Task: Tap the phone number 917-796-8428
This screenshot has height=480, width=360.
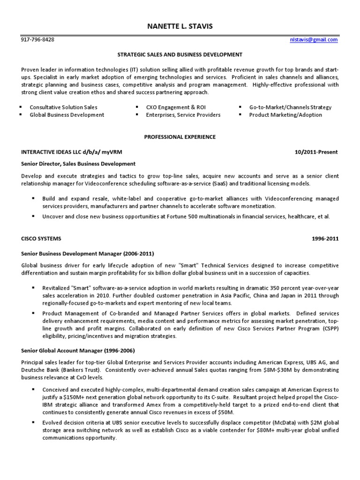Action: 38,40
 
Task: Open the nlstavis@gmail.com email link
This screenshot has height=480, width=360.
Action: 314,40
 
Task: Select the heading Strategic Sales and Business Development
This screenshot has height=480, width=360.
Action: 180,55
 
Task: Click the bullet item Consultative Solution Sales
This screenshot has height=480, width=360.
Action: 64,107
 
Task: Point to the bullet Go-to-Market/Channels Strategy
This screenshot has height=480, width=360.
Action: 290,107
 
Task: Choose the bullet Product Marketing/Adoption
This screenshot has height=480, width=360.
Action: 285,115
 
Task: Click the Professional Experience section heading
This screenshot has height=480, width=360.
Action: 180,137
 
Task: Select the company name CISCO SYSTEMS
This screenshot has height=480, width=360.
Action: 41,239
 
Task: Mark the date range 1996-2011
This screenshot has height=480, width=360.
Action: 325,239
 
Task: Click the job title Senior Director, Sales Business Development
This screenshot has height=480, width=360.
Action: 78,164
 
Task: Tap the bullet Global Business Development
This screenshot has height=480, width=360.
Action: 67,115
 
